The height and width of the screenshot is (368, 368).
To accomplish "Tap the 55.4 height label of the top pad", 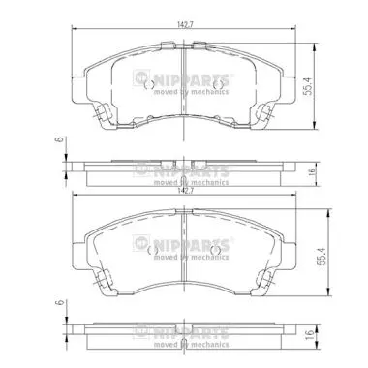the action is (x=309, y=86).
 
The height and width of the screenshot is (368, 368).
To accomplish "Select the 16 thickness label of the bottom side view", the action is (x=310, y=333).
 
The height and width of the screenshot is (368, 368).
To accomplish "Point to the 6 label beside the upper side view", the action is (x=59, y=140).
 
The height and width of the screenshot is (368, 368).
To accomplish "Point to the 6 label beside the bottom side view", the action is (x=59, y=303).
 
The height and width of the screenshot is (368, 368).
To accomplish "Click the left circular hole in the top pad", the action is (x=149, y=85).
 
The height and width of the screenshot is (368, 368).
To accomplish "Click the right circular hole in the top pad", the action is (x=219, y=85).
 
